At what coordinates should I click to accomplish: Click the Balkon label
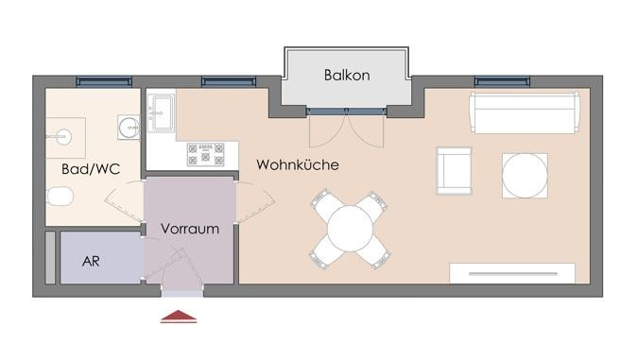pyautogui.click(x=347, y=76)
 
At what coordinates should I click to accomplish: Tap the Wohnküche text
pyautogui.click(x=298, y=164)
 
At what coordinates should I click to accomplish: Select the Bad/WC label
pyautogui.click(x=91, y=168)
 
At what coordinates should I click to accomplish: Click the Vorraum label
pyautogui.click(x=190, y=229)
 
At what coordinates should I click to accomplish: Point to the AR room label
pyautogui.click(x=91, y=262)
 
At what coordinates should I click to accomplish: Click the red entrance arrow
pyautogui.click(x=179, y=317)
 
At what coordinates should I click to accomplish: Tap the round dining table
pyautogui.click(x=350, y=229)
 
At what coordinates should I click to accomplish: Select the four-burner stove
pyautogui.click(x=206, y=154)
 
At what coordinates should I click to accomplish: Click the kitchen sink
pyautogui.click(x=161, y=112)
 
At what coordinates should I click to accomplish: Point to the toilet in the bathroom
pyautogui.click(x=60, y=197)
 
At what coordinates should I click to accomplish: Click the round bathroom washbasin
pyautogui.click(x=129, y=128)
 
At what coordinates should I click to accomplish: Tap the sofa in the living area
pyautogui.click(x=525, y=112)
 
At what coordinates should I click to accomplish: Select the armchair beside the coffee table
pyautogui.click(x=454, y=171)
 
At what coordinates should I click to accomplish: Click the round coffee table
pyautogui.click(x=525, y=176)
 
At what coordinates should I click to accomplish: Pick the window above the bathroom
pyautogui.click(x=104, y=81)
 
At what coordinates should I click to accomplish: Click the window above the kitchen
pyautogui.click(x=229, y=81)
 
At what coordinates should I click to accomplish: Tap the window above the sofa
pyautogui.click(x=502, y=81)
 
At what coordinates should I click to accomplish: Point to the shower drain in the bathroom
pyautogui.click(x=62, y=137)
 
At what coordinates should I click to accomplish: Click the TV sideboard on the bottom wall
pyautogui.click(x=512, y=273)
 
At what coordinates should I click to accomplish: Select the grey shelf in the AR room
pyautogui.click(x=50, y=258)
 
